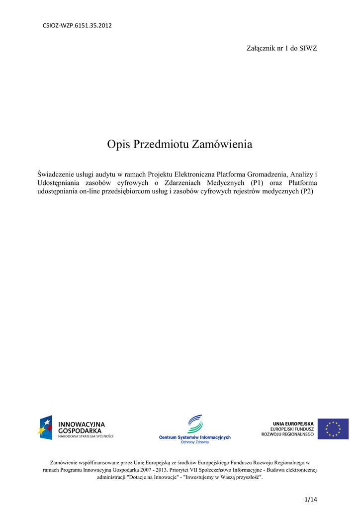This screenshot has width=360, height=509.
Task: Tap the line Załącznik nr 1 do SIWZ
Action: (x=282, y=48)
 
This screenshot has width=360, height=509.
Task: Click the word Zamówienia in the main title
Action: (x=224, y=145)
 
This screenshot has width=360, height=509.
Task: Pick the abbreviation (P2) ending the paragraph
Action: (x=307, y=191)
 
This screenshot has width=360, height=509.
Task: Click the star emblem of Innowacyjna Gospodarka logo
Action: (x=45, y=427)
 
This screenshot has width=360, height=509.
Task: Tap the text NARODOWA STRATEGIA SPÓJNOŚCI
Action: (x=86, y=436)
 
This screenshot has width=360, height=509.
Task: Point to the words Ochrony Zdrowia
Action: (x=194, y=442)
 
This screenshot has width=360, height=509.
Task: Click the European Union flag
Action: (x=333, y=428)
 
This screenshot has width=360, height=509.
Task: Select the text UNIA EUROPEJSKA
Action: (x=293, y=424)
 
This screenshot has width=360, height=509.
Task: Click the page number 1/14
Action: (x=310, y=499)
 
